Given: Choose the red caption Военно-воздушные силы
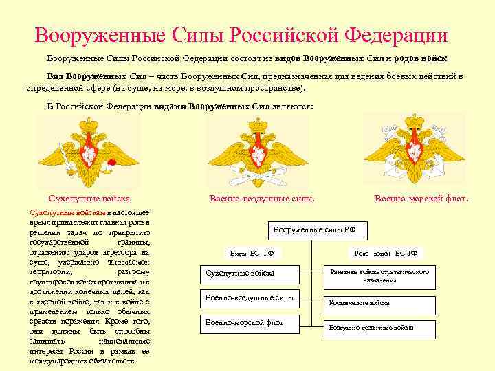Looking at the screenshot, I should tap(262, 199).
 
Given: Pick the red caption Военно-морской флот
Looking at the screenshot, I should tap(421, 199).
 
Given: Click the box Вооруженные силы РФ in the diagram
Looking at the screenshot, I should tap(320, 229).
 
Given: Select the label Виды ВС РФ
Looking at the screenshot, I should tap(252, 253).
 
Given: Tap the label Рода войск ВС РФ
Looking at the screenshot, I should tap(386, 253).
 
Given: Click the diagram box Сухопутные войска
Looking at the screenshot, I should tap(250, 273).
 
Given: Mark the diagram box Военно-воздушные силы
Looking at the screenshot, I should tap(250, 298).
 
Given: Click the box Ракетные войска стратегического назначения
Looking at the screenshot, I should tap(379, 276).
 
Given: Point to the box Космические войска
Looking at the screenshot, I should tap(379, 302).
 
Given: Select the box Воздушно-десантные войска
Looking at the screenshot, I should tap(379, 328).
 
